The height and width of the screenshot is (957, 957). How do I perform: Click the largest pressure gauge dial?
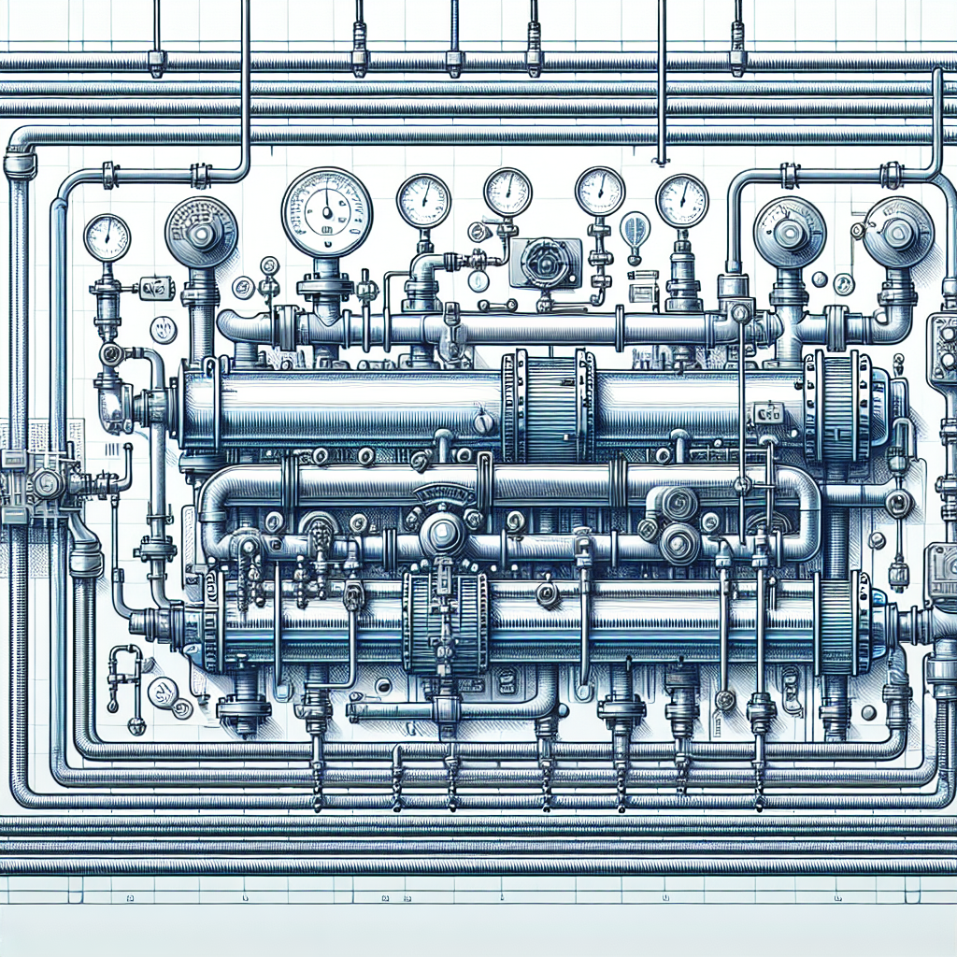tap(326, 212)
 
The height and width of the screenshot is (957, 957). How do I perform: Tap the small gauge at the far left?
tap(107, 237)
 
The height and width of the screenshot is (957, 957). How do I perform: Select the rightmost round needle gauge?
tap(681, 201)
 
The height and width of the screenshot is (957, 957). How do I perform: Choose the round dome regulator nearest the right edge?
tap(898, 231)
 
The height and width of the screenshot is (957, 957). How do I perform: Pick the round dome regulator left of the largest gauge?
tap(202, 232)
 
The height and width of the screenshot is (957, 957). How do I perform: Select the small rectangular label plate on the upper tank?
tap(768, 412)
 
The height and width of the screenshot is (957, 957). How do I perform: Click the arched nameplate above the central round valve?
tap(444, 493)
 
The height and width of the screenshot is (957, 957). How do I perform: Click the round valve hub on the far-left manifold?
tap(45, 483)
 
